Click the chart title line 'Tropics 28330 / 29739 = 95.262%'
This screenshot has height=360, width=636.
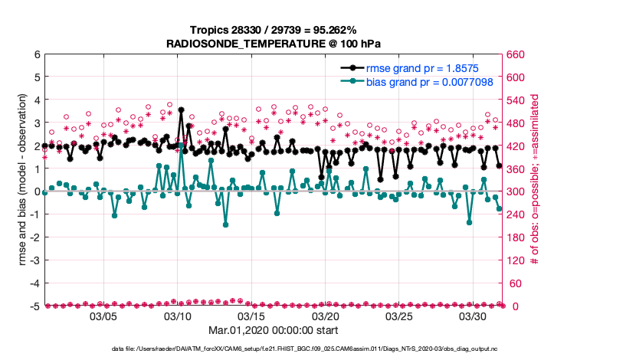[x=274, y=29]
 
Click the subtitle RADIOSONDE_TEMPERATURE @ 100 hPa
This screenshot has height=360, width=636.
[x=274, y=43]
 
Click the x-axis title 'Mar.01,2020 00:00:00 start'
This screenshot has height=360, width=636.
[x=274, y=330]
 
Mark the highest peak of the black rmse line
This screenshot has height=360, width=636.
[x=182, y=110]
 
